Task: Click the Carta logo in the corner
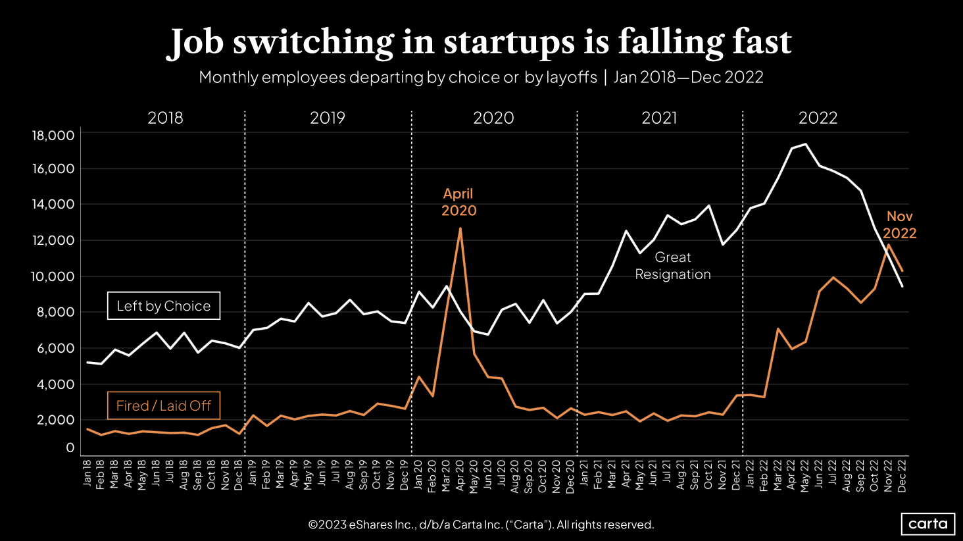[x=927, y=524]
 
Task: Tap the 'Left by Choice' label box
[x=164, y=306]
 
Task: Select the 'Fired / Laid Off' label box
[x=164, y=406]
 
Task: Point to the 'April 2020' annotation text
[x=458, y=202]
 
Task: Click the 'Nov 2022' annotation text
[x=899, y=224]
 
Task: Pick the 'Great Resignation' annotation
[x=673, y=266]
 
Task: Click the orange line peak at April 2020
[x=460, y=228]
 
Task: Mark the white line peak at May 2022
[x=806, y=144]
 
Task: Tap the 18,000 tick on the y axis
[x=53, y=136]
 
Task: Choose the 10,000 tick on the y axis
[x=53, y=276]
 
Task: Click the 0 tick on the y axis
[x=70, y=448]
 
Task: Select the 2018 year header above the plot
[x=165, y=118]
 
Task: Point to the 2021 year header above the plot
[x=659, y=118]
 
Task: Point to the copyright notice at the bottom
[x=481, y=525]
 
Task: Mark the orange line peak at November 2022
[x=889, y=245]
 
